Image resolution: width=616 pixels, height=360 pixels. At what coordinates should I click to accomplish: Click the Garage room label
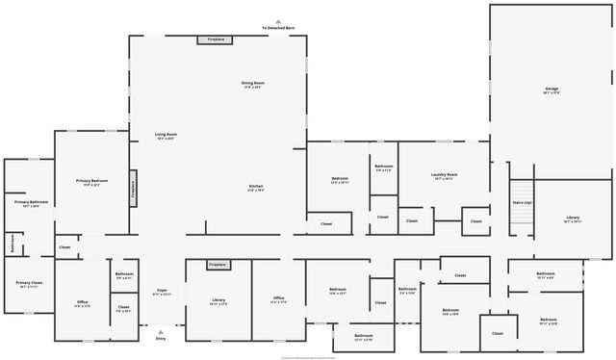click(x=552, y=90)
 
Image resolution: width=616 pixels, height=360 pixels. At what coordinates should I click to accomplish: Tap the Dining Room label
click(x=253, y=85)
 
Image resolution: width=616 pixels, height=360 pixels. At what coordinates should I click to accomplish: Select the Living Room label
click(x=166, y=135)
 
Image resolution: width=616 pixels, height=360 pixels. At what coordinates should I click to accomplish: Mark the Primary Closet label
click(x=27, y=284)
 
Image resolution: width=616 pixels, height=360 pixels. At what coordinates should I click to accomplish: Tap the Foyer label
click(x=161, y=292)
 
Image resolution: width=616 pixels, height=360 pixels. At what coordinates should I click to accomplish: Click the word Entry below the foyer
click(x=161, y=338)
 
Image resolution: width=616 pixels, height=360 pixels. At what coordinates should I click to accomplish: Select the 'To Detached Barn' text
click(x=278, y=28)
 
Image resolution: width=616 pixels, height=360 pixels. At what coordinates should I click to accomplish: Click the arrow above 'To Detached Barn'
click(x=278, y=20)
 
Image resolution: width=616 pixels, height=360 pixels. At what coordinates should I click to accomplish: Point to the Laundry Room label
click(x=445, y=175)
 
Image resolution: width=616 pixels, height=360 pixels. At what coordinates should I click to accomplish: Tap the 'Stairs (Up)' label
click(x=521, y=203)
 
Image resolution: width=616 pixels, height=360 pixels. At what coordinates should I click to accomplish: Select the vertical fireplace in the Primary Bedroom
click(x=133, y=188)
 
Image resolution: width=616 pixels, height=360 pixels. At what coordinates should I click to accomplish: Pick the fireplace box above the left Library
click(x=218, y=264)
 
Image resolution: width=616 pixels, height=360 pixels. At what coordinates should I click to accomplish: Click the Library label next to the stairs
click(x=573, y=219)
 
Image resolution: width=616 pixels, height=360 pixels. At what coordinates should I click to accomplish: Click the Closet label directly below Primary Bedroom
click(x=64, y=247)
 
